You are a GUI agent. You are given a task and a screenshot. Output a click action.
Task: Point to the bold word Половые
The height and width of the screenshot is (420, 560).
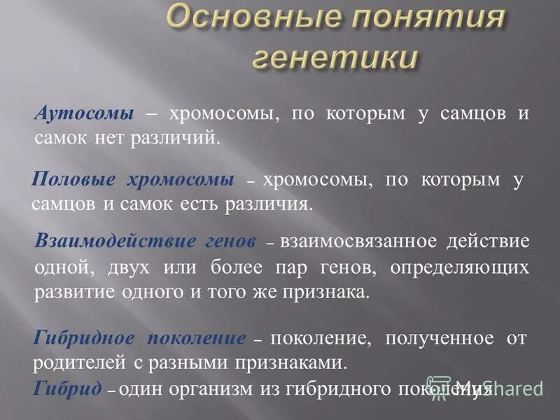point(74,181)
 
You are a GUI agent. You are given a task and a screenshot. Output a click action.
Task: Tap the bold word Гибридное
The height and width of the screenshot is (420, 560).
point(85,339)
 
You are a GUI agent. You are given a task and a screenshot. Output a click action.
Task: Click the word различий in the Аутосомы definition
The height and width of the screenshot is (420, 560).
point(185,137)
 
